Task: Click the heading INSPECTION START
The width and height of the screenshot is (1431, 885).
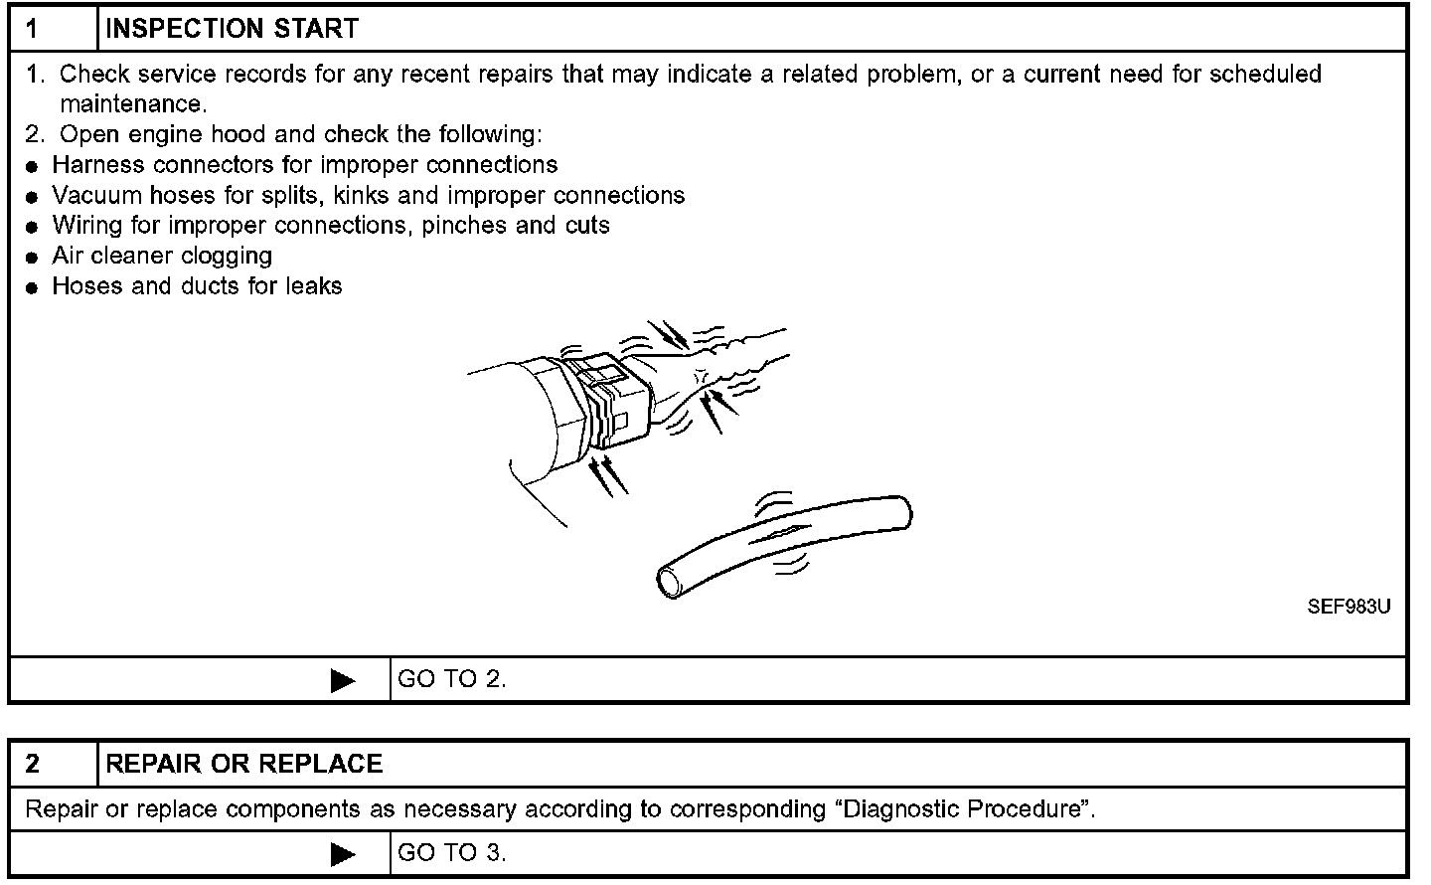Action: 232,29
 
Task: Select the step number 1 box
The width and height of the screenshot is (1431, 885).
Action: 54,29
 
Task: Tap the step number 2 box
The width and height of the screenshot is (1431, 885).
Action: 54,764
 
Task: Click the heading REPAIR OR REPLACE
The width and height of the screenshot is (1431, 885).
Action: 243,764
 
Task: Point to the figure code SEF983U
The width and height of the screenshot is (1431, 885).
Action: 1349,607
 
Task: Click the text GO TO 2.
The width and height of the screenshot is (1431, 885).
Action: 451,679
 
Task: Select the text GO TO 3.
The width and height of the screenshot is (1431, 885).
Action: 451,852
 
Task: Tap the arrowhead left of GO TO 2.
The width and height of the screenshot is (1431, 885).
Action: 343,680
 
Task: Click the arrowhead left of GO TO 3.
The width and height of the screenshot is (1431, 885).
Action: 343,853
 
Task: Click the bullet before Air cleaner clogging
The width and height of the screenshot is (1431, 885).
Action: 33,258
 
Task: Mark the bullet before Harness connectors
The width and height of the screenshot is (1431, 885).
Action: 33,166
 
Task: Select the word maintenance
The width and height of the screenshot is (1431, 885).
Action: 131,104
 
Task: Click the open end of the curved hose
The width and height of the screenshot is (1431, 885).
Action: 672,582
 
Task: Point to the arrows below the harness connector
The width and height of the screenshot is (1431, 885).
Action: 607,475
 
